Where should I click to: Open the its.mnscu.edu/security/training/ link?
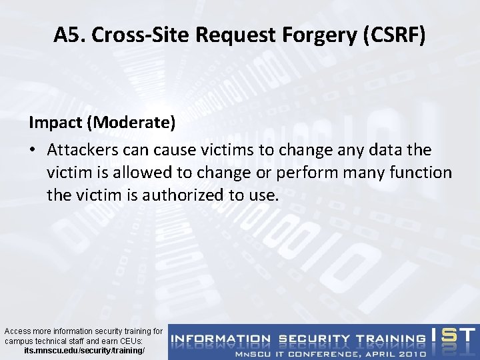click(83, 350)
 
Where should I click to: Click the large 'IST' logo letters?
click(453, 336)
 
